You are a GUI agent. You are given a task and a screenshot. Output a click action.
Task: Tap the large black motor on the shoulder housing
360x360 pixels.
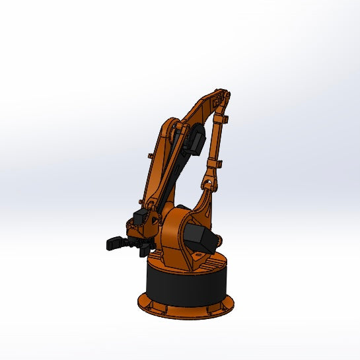pos(199,239)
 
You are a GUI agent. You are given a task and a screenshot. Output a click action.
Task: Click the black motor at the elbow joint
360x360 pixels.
pos(198,139)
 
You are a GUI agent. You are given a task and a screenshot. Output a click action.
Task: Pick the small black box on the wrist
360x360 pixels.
pos(140,216)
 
